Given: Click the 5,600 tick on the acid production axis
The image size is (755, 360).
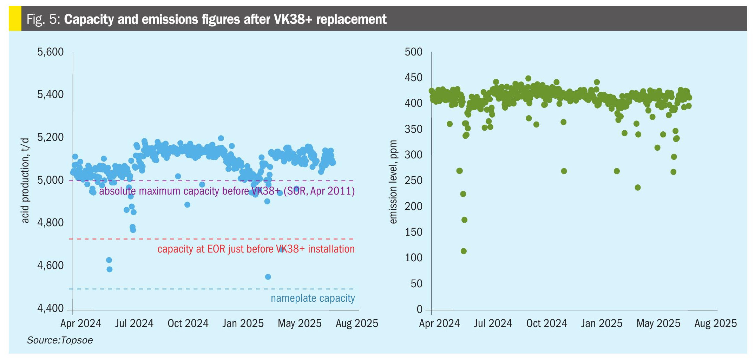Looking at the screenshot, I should click(x=50, y=52).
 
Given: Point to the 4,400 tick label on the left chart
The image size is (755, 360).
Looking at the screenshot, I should click(x=50, y=308).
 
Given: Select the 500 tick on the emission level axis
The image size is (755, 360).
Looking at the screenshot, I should click(x=413, y=52).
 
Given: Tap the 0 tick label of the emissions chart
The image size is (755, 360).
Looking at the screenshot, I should click(x=419, y=309).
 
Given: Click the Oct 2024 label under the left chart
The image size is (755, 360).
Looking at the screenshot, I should click(x=188, y=323).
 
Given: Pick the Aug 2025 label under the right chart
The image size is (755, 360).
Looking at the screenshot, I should click(x=715, y=323).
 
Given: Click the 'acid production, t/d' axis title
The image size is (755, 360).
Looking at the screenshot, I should click(x=25, y=180).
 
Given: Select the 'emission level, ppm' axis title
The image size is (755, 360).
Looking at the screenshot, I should click(x=393, y=182).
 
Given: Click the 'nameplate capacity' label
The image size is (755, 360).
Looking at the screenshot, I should click(x=313, y=298).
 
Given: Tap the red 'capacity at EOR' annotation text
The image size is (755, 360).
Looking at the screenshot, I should click(x=256, y=249).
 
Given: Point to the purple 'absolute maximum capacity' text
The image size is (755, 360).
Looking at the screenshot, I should click(x=226, y=191).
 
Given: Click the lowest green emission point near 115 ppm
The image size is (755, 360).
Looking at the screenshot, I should click(x=464, y=251).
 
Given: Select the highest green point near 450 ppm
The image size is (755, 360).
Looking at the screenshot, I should click(x=528, y=79).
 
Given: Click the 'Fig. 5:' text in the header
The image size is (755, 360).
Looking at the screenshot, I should click(x=44, y=19).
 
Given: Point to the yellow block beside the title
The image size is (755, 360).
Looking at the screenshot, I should click(x=15, y=18).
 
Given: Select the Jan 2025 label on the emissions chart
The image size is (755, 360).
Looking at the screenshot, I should click(x=601, y=323).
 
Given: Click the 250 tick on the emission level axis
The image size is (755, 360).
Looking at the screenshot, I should click(x=413, y=181).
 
